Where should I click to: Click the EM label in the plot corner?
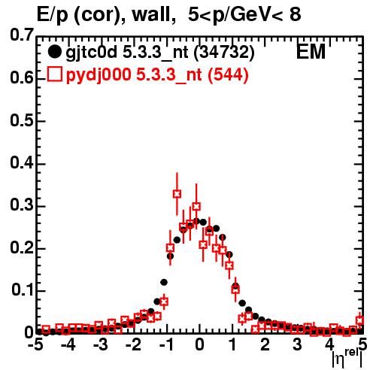coord(311,51)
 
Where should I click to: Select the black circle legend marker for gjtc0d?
coord(54,52)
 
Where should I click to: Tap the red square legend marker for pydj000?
coord(55,74)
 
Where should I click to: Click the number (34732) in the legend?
coord(224,53)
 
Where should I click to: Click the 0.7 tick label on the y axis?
coord(22,35)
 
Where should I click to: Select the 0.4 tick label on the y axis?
coord(22,162)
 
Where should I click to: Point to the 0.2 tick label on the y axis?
coord(22,247)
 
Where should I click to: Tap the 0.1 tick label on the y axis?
coord(23,290)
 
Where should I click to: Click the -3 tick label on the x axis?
coord(100,344)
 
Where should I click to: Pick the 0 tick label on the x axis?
coord(199,344)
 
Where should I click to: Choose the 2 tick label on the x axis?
coord(265,344)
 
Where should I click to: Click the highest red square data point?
coord(177,194)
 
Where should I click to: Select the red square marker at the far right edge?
coord(360,320)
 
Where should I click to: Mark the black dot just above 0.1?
coord(164,283)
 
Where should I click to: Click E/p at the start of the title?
coord(53,16)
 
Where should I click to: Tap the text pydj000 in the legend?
coord(99,75)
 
